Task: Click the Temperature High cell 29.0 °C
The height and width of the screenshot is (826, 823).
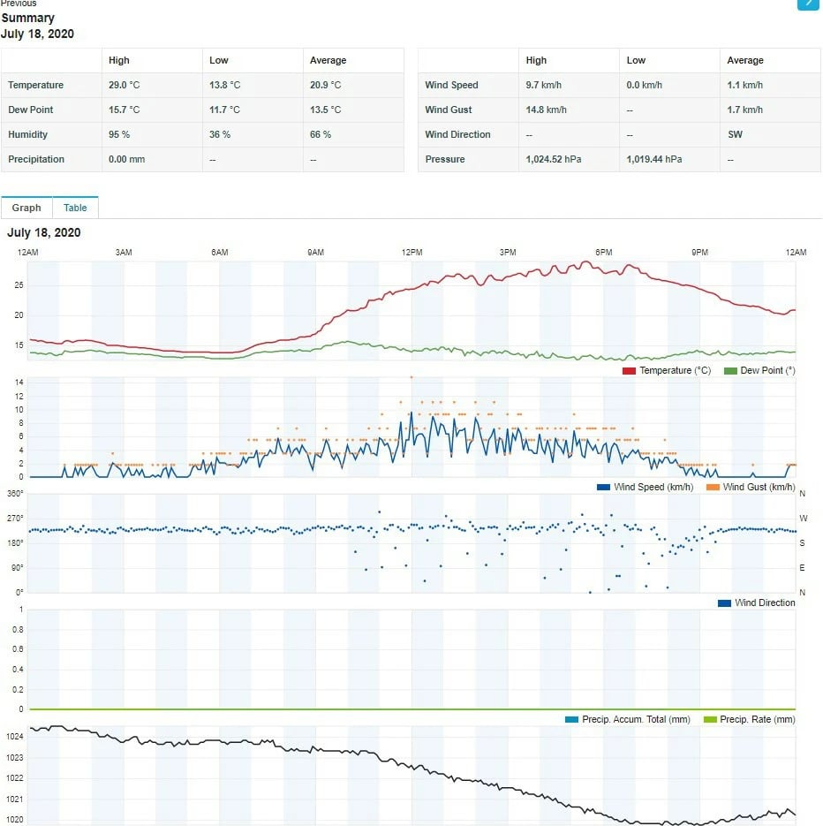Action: click(x=124, y=85)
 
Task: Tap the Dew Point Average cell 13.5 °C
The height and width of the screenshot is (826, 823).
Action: click(x=325, y=110)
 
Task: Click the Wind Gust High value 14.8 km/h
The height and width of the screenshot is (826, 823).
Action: click(x=546, y=110)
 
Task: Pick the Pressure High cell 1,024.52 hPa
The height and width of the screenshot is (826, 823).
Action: click(x=553, y=159)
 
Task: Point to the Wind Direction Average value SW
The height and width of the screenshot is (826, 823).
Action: click(x=735, y=134)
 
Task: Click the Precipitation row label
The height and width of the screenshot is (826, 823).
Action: click(x=36, y=159)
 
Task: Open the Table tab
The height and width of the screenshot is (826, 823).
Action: click(x=75, y=208)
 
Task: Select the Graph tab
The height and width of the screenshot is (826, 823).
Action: click(x=26, y=208)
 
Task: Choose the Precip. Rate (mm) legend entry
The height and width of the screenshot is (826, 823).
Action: click(x=757, y=719)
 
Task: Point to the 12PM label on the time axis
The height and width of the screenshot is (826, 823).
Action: click(x=411, y=253)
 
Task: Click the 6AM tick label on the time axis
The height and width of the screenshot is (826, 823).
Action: click(x=220, y=253)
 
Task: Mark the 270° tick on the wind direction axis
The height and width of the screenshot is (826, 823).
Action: click(x=15, y=519)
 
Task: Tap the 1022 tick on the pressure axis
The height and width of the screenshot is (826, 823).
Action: click(x=14, y=778)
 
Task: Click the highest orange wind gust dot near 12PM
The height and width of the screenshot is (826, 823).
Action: click(x=411, y=377)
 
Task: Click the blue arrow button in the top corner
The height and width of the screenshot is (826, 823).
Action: click(x=808, y=4)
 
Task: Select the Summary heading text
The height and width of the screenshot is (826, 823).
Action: click(x=28, y=18)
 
